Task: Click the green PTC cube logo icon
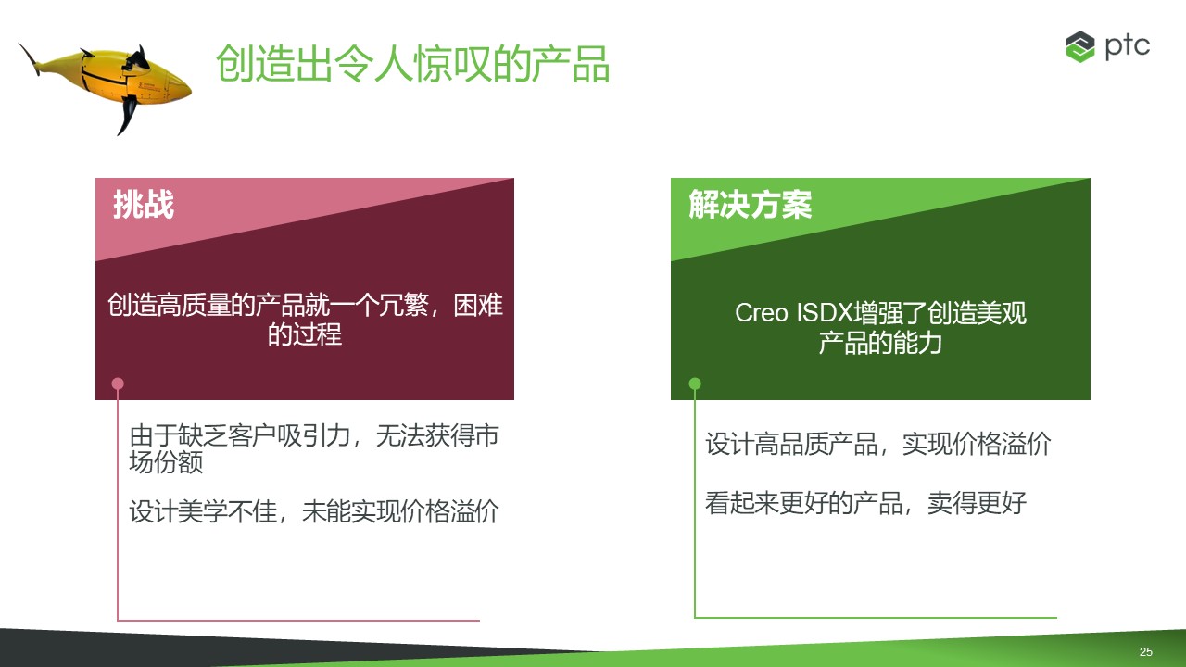pos(1080,46)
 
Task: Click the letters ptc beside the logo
pos(1128,46)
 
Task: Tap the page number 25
pos(1146,651)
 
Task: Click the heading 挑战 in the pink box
pos(144,205)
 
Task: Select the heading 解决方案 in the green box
pos(750,205)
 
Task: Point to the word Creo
pos(762,313)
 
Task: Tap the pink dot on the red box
pos(118,384)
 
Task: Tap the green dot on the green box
pos(695,384)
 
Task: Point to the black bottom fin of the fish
pos(128,115)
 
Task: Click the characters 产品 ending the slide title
pos(571,64)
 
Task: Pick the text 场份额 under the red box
pos(166,461)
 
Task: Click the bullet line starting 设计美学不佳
pos(314,511)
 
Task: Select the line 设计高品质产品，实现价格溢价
pos(878,444)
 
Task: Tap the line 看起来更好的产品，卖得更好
pos(865,503)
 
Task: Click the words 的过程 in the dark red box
pos(305,334)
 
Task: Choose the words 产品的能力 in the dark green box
pos(880,343)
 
